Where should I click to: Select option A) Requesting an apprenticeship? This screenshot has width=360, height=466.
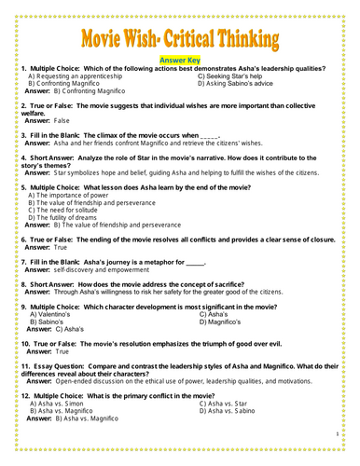(x=76, y=76)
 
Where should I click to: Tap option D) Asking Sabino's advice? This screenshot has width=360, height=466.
(x=238, y=84)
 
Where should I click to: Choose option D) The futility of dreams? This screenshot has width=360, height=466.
(x=71, y=217)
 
